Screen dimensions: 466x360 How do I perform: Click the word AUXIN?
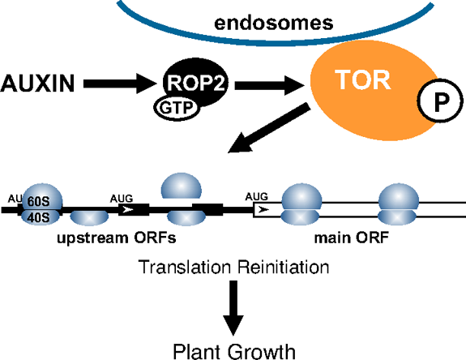point(37,84)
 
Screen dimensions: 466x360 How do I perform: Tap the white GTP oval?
point(177,108)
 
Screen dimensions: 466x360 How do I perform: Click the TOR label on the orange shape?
point(362,79)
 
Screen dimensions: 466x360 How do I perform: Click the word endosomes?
point(273,24)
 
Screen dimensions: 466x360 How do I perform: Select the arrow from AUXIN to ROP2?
point(120,84)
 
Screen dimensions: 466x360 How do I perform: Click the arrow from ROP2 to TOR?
point(270,85)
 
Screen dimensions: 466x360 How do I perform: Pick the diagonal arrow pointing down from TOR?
point(269,128)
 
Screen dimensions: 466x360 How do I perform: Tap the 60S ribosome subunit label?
point(38,202)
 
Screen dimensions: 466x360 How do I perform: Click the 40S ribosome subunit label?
point(38,218)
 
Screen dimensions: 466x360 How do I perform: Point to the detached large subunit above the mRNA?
point(182,186)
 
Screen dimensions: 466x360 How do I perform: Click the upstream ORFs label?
point(117,238)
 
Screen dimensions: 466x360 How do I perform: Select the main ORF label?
point(352,238)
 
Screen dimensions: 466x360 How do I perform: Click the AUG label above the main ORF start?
point(256,196)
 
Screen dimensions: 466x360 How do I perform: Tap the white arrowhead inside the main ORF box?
point(263,210)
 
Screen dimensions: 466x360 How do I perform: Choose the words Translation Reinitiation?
point(233,267)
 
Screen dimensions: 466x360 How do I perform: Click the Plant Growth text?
point(234,351)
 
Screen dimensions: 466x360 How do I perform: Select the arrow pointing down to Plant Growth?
point(233,308)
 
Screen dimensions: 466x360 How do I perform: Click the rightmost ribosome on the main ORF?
point(398,204)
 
